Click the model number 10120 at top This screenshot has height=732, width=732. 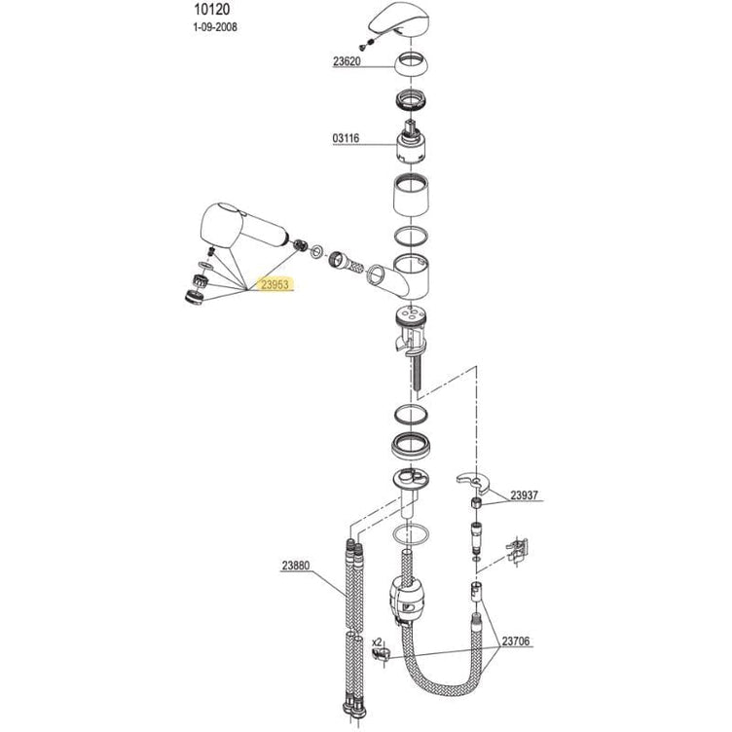[212, 10]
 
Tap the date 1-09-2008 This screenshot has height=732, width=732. [215, 27]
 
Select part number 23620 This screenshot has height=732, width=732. [347, 61]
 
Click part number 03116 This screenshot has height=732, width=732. [346, 138]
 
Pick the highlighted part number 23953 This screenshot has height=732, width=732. [274, 284]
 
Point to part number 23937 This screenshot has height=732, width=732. [524, 494]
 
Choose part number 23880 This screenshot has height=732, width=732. [296, 566]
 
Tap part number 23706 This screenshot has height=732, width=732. [516, 640]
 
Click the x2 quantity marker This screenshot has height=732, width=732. [377, 641]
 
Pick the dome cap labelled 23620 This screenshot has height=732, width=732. [412, 65]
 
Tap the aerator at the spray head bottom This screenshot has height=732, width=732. [195, 297]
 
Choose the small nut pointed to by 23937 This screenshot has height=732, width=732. [477, 503]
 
